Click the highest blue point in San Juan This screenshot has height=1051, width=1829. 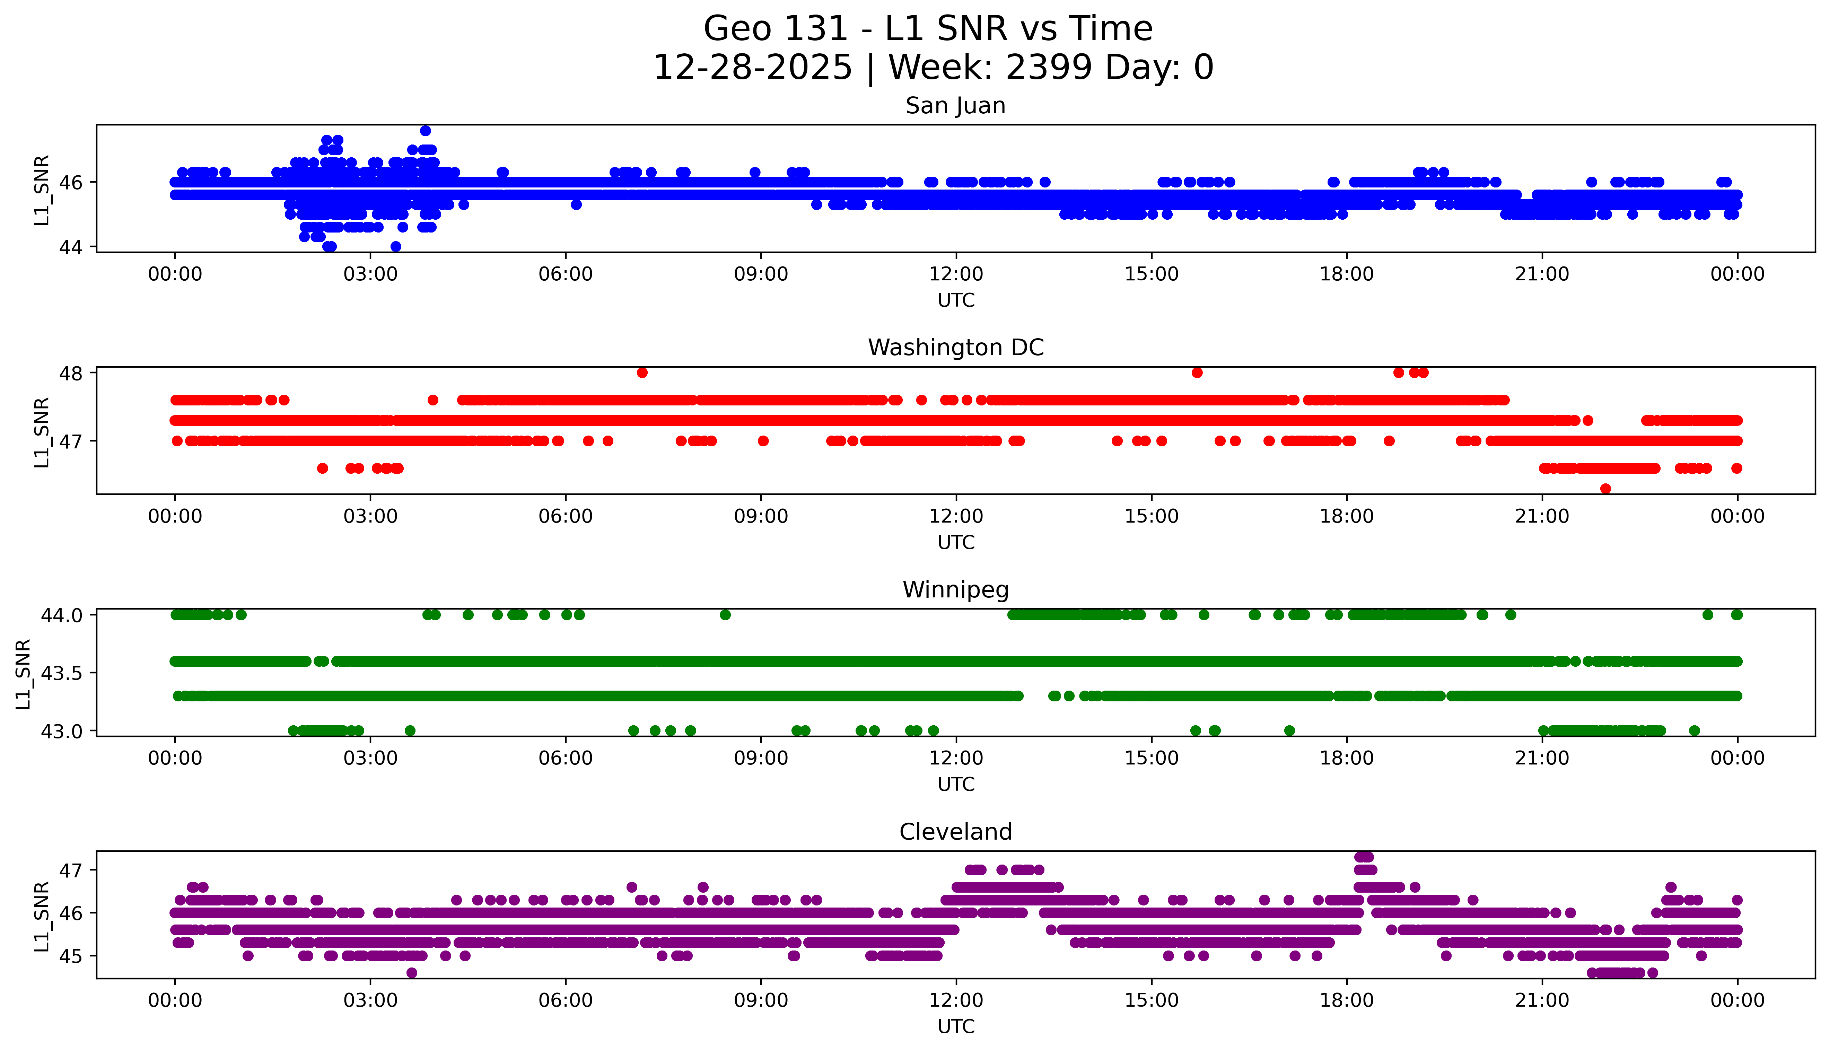coord(426,131)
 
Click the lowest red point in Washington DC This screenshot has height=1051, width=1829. coord(1605,489)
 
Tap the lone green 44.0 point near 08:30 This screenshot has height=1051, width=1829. coord(725,615)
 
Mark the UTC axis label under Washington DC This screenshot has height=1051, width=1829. coord(956,543)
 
